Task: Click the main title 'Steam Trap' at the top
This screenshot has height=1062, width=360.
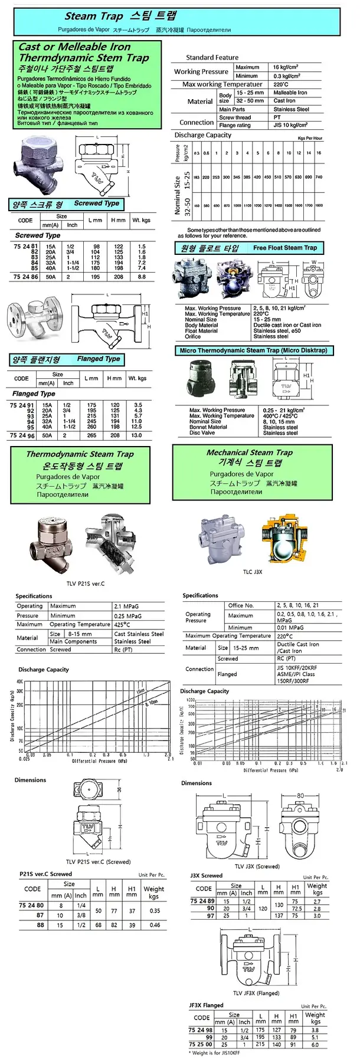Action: point(94,17)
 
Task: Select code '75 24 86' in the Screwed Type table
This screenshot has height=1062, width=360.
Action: point(25,276)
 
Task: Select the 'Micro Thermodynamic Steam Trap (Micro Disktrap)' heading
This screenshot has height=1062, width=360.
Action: point(253,350)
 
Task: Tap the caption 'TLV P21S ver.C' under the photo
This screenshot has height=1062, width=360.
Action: point(85,584)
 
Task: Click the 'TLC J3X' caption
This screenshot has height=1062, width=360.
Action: point(253,572)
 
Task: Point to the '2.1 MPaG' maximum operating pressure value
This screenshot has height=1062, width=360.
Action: point(127,606)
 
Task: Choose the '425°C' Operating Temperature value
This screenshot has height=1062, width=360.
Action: point(122,624)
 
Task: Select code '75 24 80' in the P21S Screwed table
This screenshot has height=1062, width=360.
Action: point(31,905)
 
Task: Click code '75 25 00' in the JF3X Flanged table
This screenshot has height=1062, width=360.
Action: point(201,1044)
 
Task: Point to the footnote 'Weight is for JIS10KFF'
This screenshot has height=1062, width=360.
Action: point(215,1053)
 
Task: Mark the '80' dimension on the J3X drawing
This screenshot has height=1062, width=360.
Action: point(300,795)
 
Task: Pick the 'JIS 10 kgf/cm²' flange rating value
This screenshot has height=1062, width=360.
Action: point(290,125)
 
